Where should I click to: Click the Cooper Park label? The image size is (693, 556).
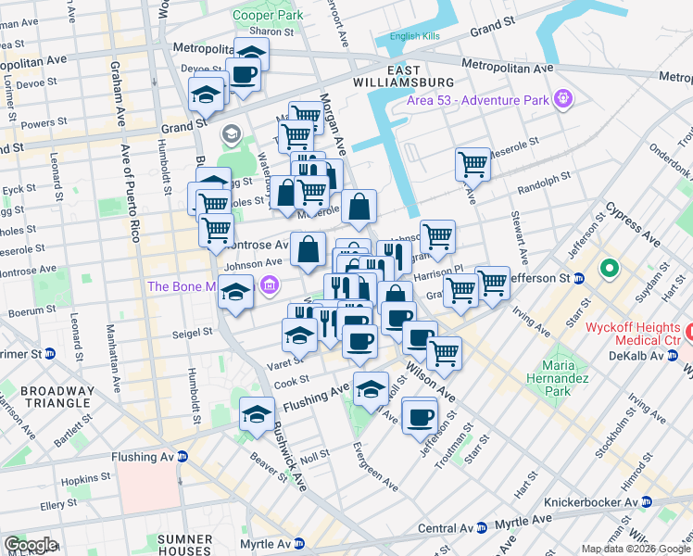[x=268, y=16]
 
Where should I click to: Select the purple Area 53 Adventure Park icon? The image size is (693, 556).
[x=562, y=97]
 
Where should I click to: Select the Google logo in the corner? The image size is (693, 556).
[x=30, y=545]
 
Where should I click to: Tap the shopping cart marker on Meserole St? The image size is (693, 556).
[x=472, y=164]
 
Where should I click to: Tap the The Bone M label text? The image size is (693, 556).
[x=182, y=286]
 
